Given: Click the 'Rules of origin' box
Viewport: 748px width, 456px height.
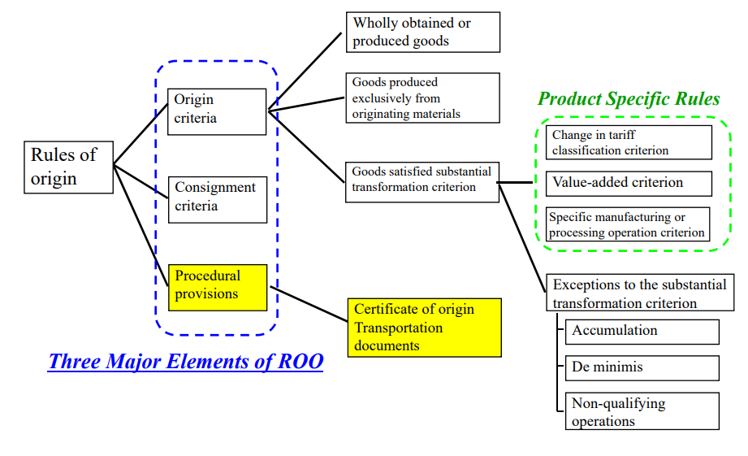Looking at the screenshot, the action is click(69, 167).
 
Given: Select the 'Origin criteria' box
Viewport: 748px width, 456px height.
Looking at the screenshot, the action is click(217, 111).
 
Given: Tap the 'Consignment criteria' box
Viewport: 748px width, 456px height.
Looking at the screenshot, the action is click(218, 200).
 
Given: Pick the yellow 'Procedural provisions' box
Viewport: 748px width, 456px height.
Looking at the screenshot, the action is click(218, 288).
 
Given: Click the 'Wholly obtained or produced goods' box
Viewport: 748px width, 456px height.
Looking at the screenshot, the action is click(423, 32).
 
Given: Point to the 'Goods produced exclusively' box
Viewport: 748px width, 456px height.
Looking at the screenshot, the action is click(422, 98).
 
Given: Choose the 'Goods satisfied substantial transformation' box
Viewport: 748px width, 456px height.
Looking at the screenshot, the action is click(422, 182).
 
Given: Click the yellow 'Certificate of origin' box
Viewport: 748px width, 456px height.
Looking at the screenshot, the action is click(425, 328).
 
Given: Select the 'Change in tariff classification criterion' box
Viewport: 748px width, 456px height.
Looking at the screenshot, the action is click(629, 142).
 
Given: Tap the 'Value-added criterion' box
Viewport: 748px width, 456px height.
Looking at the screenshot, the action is click(629, 184).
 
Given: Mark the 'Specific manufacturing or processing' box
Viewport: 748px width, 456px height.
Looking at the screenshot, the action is click(628, 224).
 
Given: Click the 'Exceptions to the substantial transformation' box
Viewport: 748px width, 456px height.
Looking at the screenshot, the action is click(640, 293).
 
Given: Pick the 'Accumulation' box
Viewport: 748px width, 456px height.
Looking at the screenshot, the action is click(642, 332).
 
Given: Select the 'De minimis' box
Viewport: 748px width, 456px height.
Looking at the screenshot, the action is click(642, 368).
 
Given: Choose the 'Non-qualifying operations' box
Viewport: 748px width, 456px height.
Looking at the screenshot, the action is click(642, 411).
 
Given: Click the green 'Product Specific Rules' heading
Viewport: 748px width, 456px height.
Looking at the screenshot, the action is click(629, 99).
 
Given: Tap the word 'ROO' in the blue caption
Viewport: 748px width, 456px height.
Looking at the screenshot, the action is click(300, 362).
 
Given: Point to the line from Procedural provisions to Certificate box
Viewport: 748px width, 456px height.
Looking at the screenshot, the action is click(309, 304).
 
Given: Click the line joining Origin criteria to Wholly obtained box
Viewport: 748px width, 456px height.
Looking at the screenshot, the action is click(305, 72).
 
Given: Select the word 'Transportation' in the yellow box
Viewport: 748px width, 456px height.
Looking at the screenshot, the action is click(398, 328).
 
